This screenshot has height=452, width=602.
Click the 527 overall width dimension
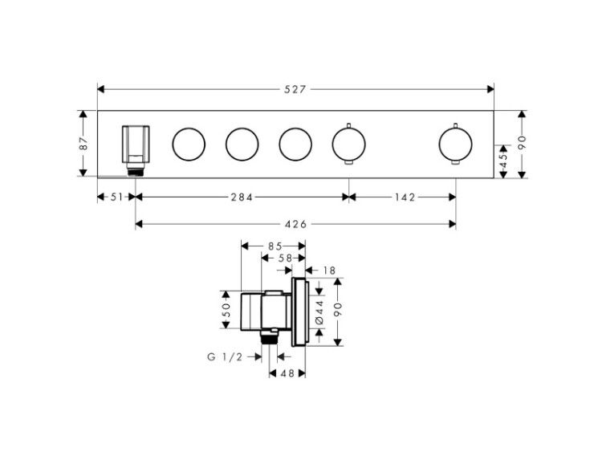[x=295, y=89]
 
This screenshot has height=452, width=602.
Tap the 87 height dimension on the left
[x=84, y=143]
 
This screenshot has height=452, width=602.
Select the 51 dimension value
[x=116, y=197]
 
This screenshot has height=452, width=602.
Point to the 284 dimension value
[x=242, y=197]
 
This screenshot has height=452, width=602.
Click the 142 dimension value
[x=405, y=197]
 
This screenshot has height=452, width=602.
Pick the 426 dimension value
[x=295, y=224]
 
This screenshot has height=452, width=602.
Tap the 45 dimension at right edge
[x=504, y=161]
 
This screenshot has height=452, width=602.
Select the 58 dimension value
[x=285, y=259]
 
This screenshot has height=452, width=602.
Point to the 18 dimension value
[x=329, y=271]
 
